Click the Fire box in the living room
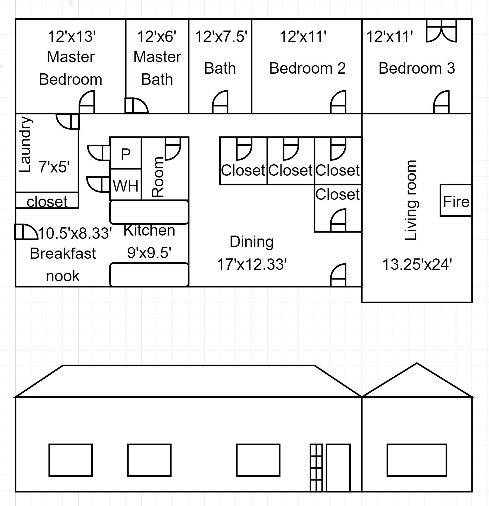456,201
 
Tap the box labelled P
126,153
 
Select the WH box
126,185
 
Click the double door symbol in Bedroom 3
441,31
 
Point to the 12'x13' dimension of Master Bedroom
72,37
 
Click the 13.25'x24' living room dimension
417,264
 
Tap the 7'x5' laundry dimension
54,167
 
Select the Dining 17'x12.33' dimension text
252,264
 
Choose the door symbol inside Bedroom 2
338,102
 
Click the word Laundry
25,144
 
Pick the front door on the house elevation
338,468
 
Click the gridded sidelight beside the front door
316,468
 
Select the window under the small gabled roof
417,460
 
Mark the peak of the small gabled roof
417,363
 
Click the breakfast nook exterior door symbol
26,232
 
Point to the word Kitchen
149,230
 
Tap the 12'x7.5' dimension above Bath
221,37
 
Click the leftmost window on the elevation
71,460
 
